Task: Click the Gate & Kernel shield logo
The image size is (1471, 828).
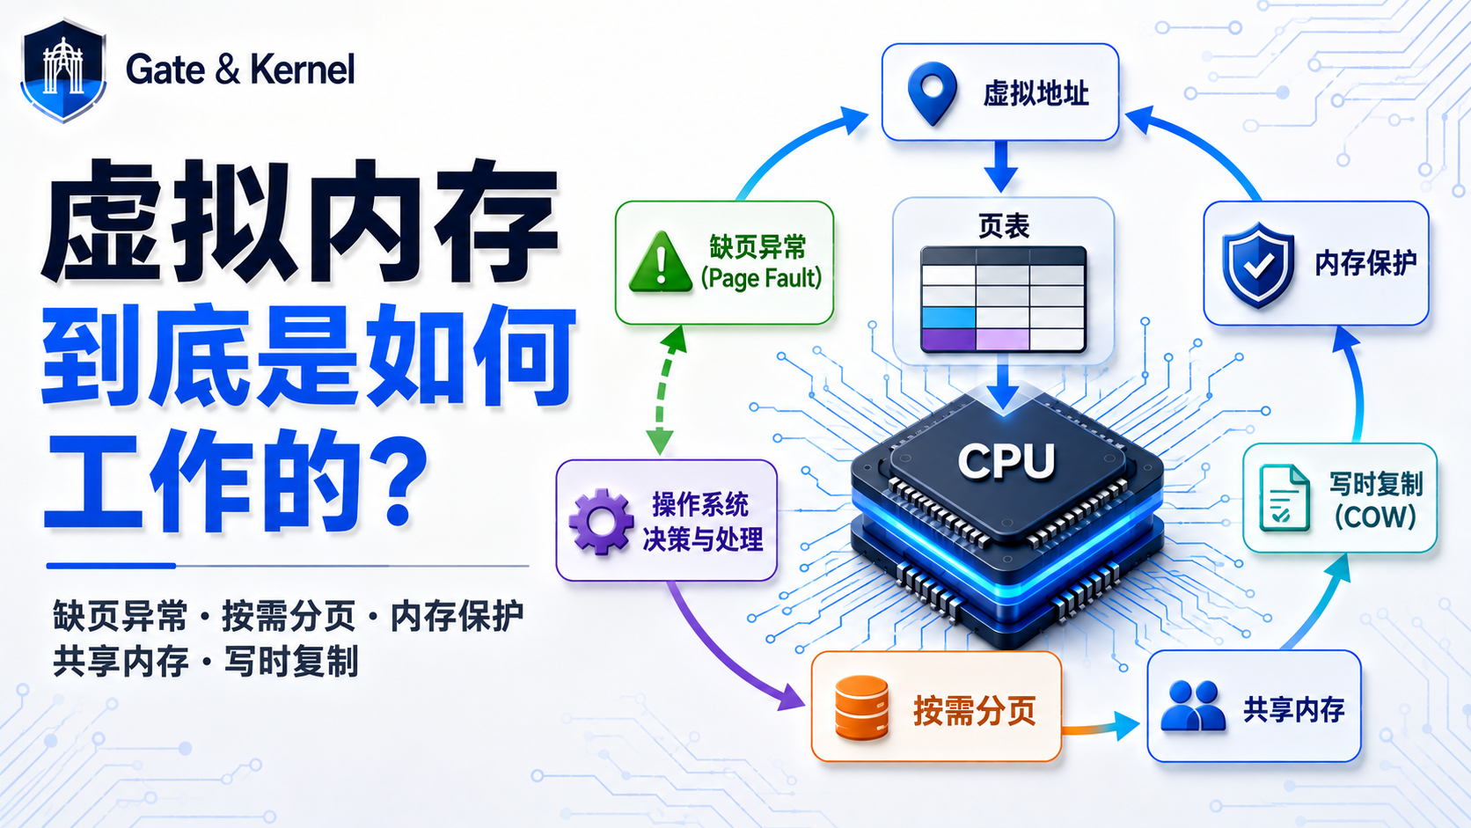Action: pyautogui.click(x=63, y=70)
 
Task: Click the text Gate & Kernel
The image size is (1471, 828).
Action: pyautogui.click(x=240, y=70)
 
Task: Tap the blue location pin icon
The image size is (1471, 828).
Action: pyautogui.click(x=932, y=92)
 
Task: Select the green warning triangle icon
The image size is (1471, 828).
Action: pyautogui.click(x=660, y=262)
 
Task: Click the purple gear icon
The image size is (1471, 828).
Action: pyautogui.click(x=601, y=522)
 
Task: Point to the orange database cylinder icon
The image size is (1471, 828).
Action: pyautogui.click(x=861, y=708)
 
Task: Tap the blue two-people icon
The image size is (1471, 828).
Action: pyautogui.click(x=1193, y=706)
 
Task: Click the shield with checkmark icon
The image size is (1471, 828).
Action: pyautogui.click(x=1258, y=265)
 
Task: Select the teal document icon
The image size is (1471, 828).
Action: pyautogui.click(x=1284, y=497)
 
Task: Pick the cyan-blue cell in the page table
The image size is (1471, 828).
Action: pyautogui.click(x=948, y=317)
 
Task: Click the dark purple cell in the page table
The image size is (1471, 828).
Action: pyautogui.click(x=948, y=340)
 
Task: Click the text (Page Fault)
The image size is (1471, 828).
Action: pyautogui.click(x=761, y=278)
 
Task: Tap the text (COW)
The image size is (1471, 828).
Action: pyautogui.click(x=1374, y=517)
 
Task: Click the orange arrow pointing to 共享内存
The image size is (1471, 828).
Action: pyautogui.click(x=1101, y=727)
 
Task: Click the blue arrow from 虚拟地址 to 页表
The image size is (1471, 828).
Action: pyautogui.click(x=1001, y=167)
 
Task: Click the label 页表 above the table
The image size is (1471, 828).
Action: pyautogui.click(x=1004, y=226)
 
